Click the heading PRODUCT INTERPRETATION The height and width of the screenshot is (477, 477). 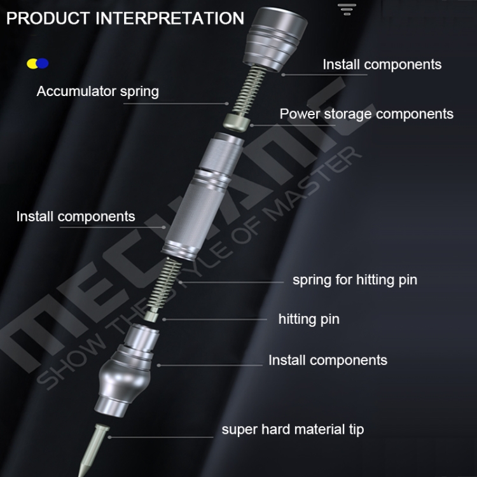point(125,18)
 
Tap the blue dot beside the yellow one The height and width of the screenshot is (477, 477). point(43,63)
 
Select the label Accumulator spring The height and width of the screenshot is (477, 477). point(98,91)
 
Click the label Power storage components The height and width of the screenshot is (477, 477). point(366,114)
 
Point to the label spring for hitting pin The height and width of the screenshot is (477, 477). point(355,280)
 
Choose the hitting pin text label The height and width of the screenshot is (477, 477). point(308,319)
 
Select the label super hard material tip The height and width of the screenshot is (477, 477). point(293,429)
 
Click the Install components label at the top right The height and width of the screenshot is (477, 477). point(382,64)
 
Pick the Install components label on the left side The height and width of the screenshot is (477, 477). point(76,217)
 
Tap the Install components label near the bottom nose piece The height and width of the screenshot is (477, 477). point(328,360)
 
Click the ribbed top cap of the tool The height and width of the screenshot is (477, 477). point(275,39)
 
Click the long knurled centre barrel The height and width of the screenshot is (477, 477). point(204,197)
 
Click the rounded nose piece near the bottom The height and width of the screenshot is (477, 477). point(127,370)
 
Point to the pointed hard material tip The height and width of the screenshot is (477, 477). point(92,449)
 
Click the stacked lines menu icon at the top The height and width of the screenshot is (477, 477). point(347,10)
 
